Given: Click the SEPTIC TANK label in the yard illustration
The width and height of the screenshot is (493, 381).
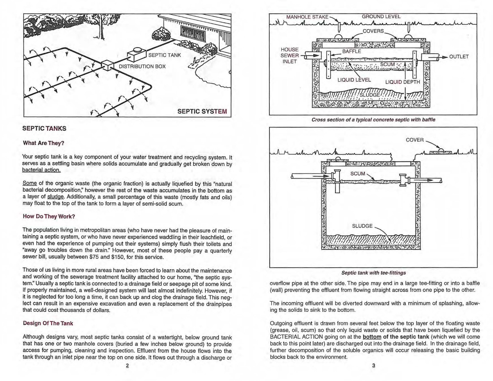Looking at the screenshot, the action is (165, 55).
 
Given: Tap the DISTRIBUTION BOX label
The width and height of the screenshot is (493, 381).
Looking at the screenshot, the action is (142, 67).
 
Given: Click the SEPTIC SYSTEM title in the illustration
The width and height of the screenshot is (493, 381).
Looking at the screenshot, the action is (202, 111).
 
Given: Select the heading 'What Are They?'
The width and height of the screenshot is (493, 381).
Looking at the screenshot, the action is (43, 143).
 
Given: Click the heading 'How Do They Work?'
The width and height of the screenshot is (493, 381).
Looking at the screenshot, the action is (49, 216).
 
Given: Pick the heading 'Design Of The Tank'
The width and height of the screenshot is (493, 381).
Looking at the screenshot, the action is (48, 323).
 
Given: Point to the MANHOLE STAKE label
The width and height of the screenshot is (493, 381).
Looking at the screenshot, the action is (307, 17).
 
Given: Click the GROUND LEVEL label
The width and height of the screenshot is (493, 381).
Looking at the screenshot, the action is (381, 17).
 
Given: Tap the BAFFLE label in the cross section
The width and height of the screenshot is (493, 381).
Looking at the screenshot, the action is (352, 51).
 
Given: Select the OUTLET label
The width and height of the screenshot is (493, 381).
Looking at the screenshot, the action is (459, 57).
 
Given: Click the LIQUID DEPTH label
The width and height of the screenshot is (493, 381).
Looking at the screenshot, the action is (403, 82).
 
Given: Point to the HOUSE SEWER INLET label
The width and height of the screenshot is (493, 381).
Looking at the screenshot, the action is (290, 55).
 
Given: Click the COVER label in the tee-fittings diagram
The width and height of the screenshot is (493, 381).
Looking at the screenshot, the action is (415, 140).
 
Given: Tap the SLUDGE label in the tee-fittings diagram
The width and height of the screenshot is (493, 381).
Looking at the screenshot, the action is (362, 226).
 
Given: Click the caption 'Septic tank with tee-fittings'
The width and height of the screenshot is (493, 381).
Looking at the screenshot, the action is (373, 273).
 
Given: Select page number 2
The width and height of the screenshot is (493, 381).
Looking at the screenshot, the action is (127, 366).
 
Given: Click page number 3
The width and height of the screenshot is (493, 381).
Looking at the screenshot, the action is (373, 366).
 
